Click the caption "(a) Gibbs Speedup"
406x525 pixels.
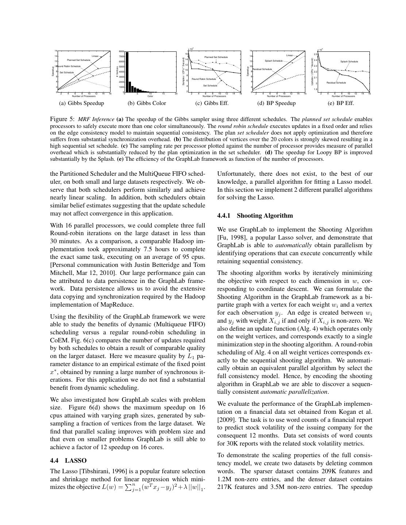[x=81, y=103]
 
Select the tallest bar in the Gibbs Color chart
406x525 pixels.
[x=127, y=72]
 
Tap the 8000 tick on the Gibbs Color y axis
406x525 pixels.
[x=121, y=51]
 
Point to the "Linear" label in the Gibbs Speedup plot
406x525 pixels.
[x=95, y=56]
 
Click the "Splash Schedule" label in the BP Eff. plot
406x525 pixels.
[x=349, y=62]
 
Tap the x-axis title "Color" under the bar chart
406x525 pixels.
[x=150, y=96]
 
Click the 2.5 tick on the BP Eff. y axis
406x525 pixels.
[x=316, y=54]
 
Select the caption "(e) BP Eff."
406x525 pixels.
[x=341, y=103]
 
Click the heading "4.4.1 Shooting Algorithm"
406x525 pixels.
[x=255, y=215]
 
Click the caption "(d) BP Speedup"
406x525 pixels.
[x=276, y=103]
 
